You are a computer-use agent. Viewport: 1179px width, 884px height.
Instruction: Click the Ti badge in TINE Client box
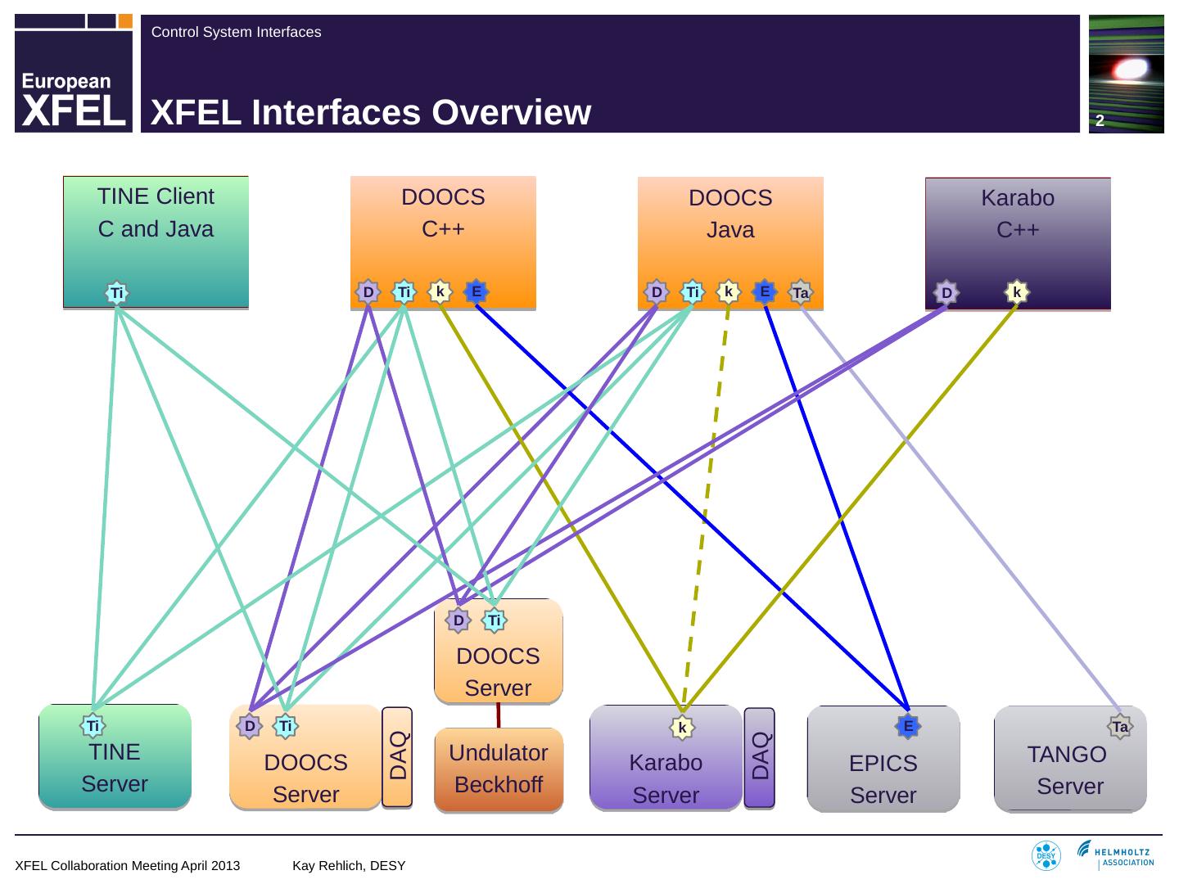pos(117,292)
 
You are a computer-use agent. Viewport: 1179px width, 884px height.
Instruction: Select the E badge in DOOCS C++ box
pos(476,291)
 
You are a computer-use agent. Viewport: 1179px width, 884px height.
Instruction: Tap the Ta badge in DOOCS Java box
pos(800,292)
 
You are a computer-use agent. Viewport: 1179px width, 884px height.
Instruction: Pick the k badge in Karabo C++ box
pos(1016,292)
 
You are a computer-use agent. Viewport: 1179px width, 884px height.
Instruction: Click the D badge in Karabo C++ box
pos(946,292)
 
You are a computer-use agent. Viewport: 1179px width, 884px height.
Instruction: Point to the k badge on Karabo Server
pos(681,727)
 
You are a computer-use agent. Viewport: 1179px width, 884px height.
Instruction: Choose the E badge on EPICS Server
pos(907,725)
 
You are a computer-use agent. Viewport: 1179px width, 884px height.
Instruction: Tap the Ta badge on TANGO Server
pos(1120,726)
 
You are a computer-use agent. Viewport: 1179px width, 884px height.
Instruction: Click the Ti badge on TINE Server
pos(93,725)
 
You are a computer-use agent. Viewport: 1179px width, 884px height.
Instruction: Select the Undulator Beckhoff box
pos(498,769)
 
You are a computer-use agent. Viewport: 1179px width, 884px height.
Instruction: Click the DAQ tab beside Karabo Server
pos(760,757)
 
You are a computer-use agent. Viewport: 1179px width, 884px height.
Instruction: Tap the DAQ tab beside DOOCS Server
pos(397,757)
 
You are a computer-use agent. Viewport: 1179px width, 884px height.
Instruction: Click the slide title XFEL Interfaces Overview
pos(371,113)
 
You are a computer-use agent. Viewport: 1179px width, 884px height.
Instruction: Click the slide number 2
pos(1100,121)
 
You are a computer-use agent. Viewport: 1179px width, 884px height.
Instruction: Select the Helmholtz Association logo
pos(1116,854)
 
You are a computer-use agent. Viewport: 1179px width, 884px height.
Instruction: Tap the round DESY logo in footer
pos(1046,856)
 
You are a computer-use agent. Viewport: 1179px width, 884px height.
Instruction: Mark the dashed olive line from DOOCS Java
pos(706,507)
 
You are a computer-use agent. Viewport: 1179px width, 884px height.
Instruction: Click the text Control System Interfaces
pos(236,33)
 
